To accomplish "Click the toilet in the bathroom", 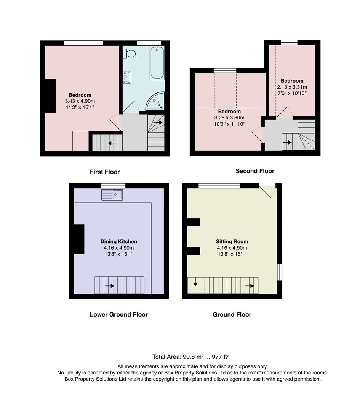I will [130, 54].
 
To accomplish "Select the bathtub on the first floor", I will [157, 63].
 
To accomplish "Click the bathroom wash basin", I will [127, 77].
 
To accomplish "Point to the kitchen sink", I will [112, 195].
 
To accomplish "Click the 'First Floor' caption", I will [105, 172].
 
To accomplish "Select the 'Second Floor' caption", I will [255, 171].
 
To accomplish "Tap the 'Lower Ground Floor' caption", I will [118, 314].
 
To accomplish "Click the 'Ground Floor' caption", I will [232, 314].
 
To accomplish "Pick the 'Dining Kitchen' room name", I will [118, 241].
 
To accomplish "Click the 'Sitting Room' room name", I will [232, 241].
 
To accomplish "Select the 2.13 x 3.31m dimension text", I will [292, 87].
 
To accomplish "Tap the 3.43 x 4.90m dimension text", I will [80, 101].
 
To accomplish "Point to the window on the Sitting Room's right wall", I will [279, 272].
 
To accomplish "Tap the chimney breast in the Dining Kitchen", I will [78, 239].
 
